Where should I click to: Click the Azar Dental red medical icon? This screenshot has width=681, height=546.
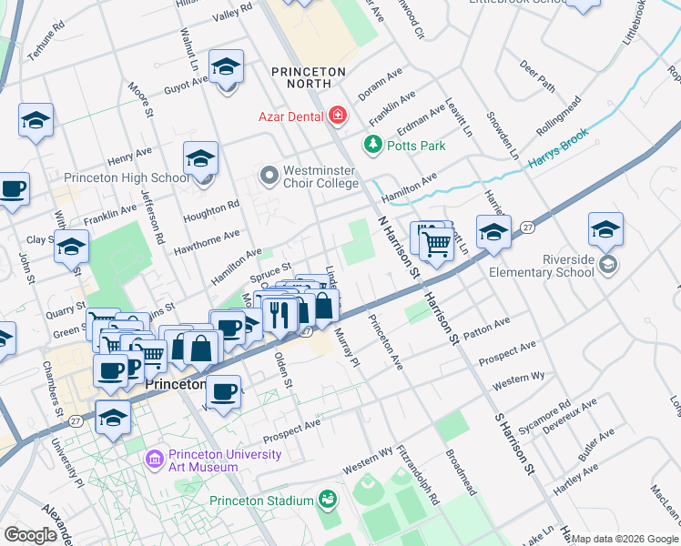[x=338, y=115]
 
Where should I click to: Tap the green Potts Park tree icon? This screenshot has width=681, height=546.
[x=371, y=144]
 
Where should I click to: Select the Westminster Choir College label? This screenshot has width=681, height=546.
[x=320, y=175]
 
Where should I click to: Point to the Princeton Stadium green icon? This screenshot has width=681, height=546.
[x=326, y=500]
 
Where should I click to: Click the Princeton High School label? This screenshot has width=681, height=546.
[x=123, y=178]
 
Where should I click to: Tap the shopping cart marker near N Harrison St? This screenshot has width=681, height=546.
[x=437, y=245]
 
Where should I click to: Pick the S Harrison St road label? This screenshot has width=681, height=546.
[x=513, y=442]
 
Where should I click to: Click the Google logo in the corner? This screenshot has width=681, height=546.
[x=30, y=535]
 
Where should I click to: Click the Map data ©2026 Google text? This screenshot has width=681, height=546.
[x=625, y=539]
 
